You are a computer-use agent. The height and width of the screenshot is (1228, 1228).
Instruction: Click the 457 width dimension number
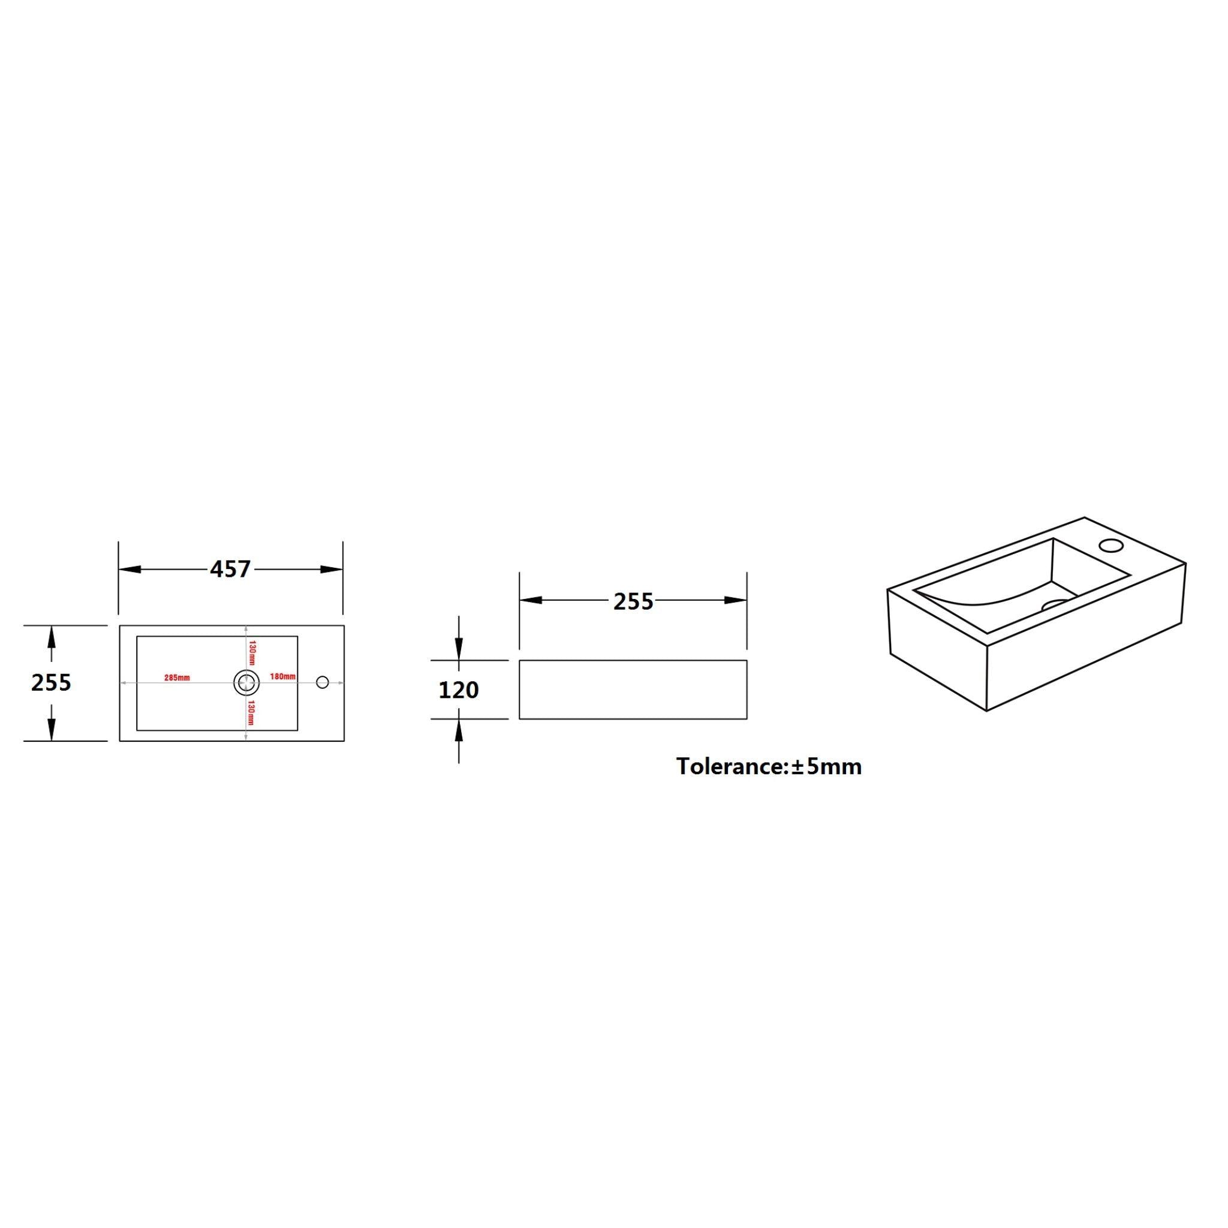point(231,569)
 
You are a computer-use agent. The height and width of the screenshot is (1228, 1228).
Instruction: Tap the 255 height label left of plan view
point(52,682)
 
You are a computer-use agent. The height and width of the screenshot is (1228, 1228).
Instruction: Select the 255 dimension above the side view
point(633,601)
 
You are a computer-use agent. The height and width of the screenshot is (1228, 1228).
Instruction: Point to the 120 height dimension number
point(458,690)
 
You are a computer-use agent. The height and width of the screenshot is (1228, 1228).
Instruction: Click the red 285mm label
point(177,678)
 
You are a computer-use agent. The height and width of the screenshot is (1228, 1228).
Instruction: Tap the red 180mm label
point(283,676)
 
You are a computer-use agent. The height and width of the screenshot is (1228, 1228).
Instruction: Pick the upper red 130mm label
point(252,653)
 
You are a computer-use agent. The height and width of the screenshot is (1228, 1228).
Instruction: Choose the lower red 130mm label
point(252,712)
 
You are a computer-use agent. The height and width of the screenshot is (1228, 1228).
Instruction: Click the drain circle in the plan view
point(246,682)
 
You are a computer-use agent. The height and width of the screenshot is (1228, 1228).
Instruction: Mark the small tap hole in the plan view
point(322,682)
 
